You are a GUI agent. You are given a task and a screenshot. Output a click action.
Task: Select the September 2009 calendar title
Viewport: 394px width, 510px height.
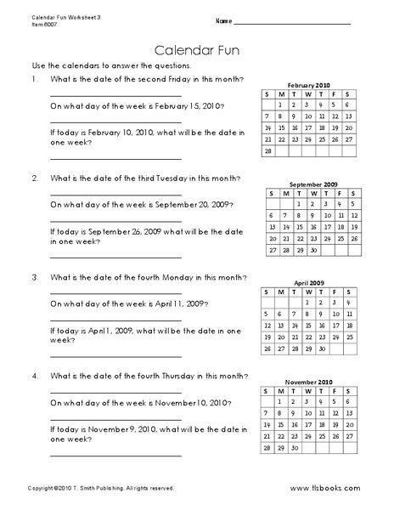(x=313, y=184)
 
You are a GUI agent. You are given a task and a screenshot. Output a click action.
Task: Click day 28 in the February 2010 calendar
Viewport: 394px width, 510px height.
(x=270, y=151)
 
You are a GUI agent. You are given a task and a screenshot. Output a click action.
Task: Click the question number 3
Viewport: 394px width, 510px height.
(x=34, y=278)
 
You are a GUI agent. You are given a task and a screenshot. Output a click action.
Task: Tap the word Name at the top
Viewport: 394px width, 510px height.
(x=223, y=20)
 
